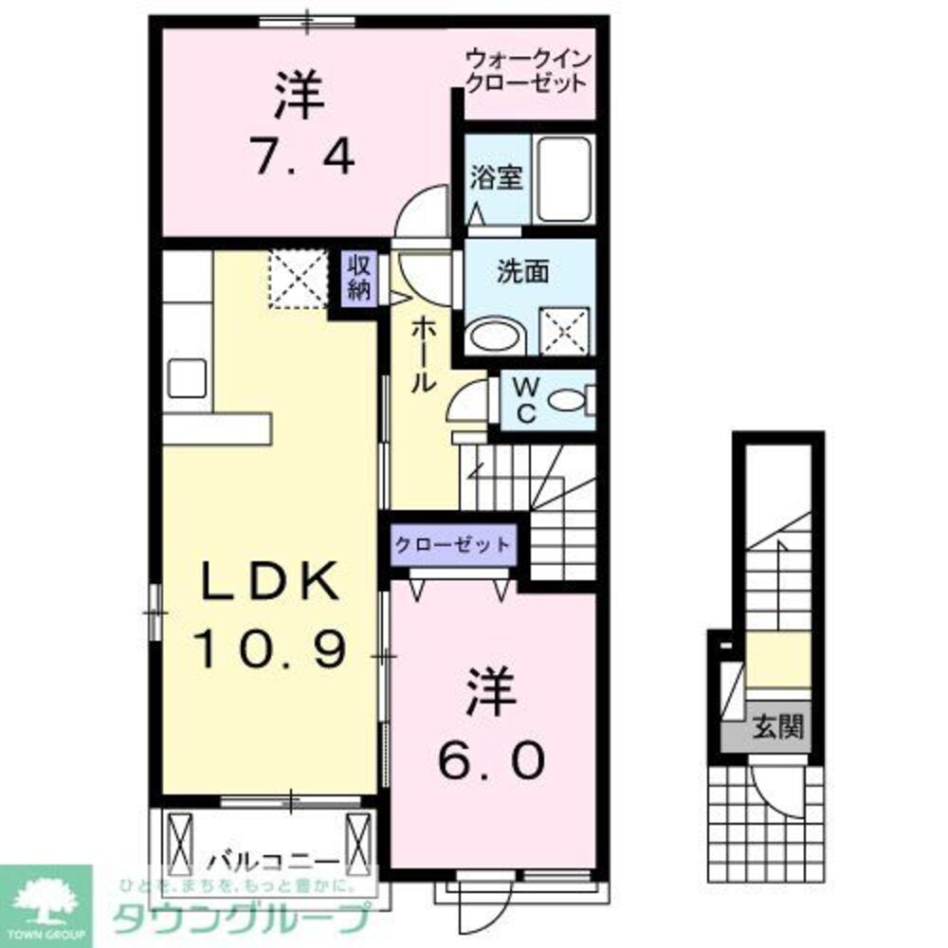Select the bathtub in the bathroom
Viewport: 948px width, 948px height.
pos(562,179)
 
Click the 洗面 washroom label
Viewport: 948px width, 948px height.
pos(523,271)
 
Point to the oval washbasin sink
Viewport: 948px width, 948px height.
pos(498,335)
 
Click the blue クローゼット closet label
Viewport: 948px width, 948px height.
pos(452,545)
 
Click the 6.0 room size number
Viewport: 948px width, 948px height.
pos(490,759)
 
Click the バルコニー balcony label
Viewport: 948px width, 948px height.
pos(273,864)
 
